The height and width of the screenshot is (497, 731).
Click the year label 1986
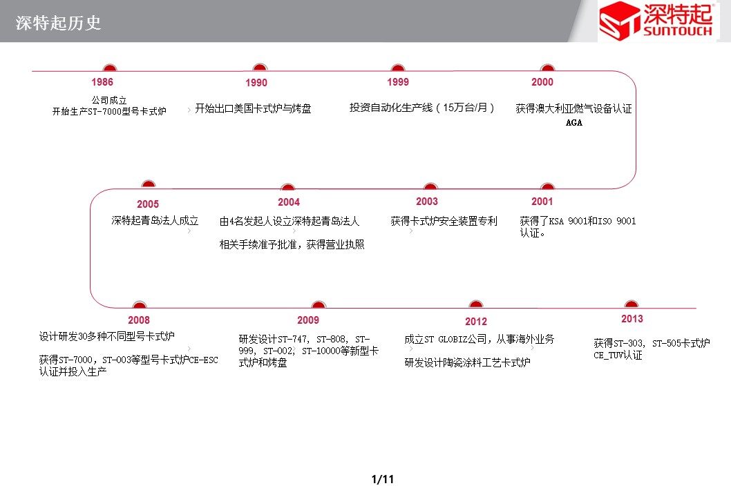[x=102, y=82]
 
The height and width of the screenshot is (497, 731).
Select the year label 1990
[x=256, y=83]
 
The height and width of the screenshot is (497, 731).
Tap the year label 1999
[x=398, y=82]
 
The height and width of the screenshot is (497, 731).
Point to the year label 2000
[x=542, y=82]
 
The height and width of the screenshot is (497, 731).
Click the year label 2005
[x=148, y=204]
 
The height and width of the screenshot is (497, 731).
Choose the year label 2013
[x=632, y=319]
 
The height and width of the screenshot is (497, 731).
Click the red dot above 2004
[x=287, y=187]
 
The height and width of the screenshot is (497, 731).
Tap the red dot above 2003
[x=430, y=186]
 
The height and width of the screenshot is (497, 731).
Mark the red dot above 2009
[x=319, y=304]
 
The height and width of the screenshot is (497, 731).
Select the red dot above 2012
[x=475, y=304]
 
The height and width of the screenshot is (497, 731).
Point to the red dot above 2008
[x=139, y=304]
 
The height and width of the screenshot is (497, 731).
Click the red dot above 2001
[x=547, y=186]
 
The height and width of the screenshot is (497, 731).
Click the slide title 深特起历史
[x=58, y=23]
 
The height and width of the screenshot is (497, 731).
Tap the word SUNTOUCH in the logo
[x=678, y=31]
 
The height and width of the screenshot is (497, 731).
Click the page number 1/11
[x=383, y=479]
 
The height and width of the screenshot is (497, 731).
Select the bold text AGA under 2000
[x=574, y=122]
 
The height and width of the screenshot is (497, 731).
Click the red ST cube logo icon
[x=620, y=21]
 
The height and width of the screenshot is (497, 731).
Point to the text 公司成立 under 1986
[x=109, y=100]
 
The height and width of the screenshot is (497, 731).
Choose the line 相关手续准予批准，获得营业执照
[x=292, y=244]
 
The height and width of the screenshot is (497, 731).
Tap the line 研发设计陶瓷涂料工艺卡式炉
[x=467, y=362]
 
